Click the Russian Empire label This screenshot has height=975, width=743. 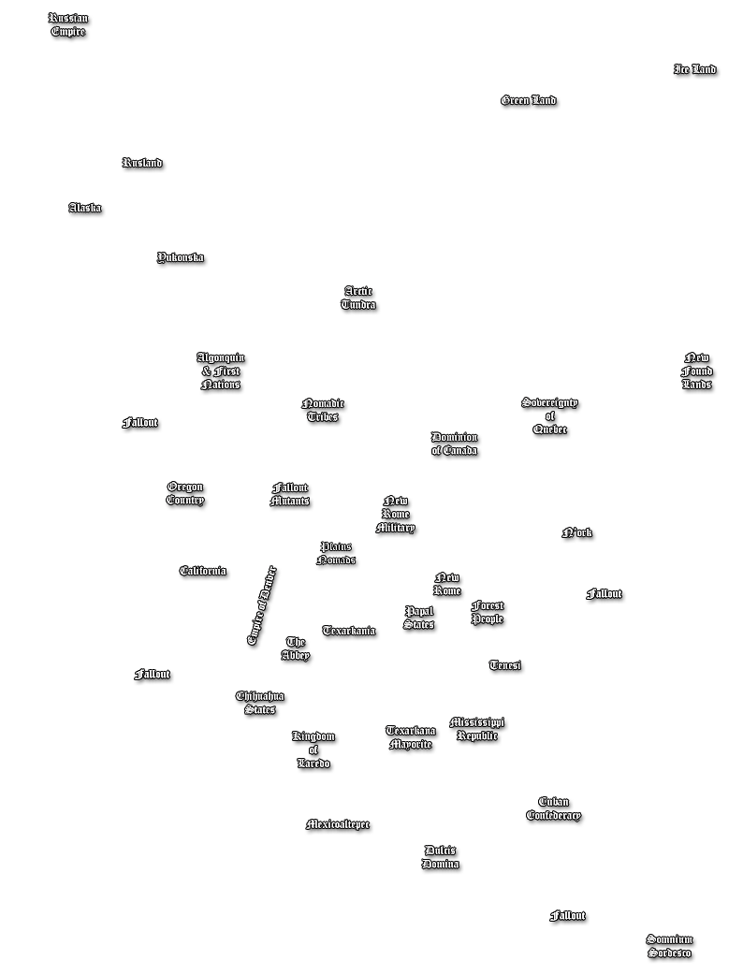[x=68, y=25]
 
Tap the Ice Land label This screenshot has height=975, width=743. [x=695, y=70]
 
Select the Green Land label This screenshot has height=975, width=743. [x=529, y=101]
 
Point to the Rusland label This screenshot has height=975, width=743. [x=142, y=164]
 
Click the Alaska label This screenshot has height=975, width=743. [x=85, y=209]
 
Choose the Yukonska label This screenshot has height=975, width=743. [x=181, y=258]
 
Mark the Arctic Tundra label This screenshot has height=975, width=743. [x=358, y=298]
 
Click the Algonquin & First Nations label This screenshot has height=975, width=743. [x=221, y=371]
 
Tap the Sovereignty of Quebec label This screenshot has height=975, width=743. [x=550, y=416]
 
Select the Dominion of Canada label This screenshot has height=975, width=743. [x=455, y=444]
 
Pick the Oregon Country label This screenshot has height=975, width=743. [x=185, y=493]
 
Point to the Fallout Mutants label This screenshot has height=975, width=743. [x=290, y=495]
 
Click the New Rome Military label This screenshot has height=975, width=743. [x=396, y=516]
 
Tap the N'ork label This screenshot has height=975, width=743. [x=577, y=534]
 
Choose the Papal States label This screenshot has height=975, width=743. [x=419, y=618]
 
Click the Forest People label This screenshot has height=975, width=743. [x=488, y=613]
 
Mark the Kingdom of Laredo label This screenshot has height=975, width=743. [x=313, y=750]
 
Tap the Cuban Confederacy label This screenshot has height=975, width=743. [x=554, y=809]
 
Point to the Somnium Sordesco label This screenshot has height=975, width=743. [x=669, y=946]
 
